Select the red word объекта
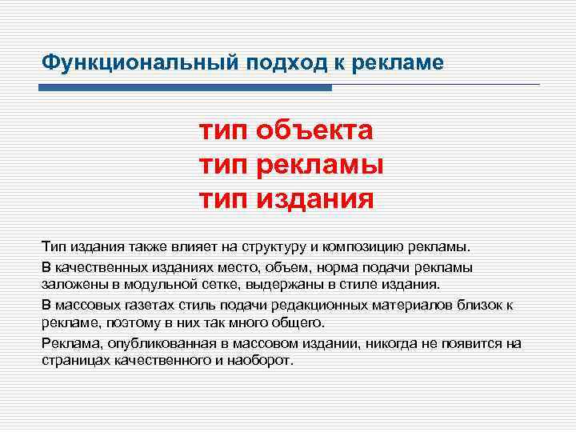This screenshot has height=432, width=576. [x=315, y=129]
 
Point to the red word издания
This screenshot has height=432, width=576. [x=315, y=197]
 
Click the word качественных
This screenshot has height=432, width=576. [x=96, y=266]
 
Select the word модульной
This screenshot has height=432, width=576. [x=134, y=284]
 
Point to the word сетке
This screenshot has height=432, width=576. [x=193, y=284]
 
